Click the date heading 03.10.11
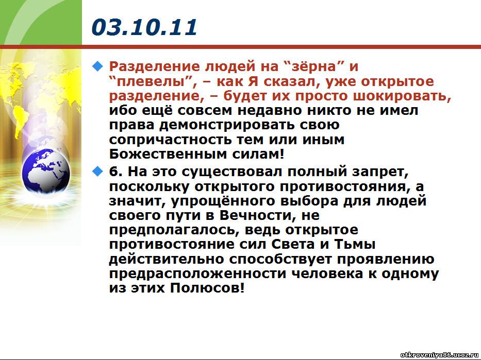pyautogui.click(x=144, y=27)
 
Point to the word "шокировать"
pyautogui.click(x=402, y=96)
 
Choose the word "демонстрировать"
pyautogui.click(x=232, y=125)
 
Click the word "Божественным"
pyautogui.click(x=168, y=154)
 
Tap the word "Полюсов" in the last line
pyautogui.click(x=207, y=288)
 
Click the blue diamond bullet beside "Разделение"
pyautogui.click(x=97, y=66)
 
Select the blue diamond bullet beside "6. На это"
pyautogui.click(x=97, y=172)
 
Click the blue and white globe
pyautogui.click(x=46, y=170)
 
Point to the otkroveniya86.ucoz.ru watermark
pyautogui.click(x=440, y=355)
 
